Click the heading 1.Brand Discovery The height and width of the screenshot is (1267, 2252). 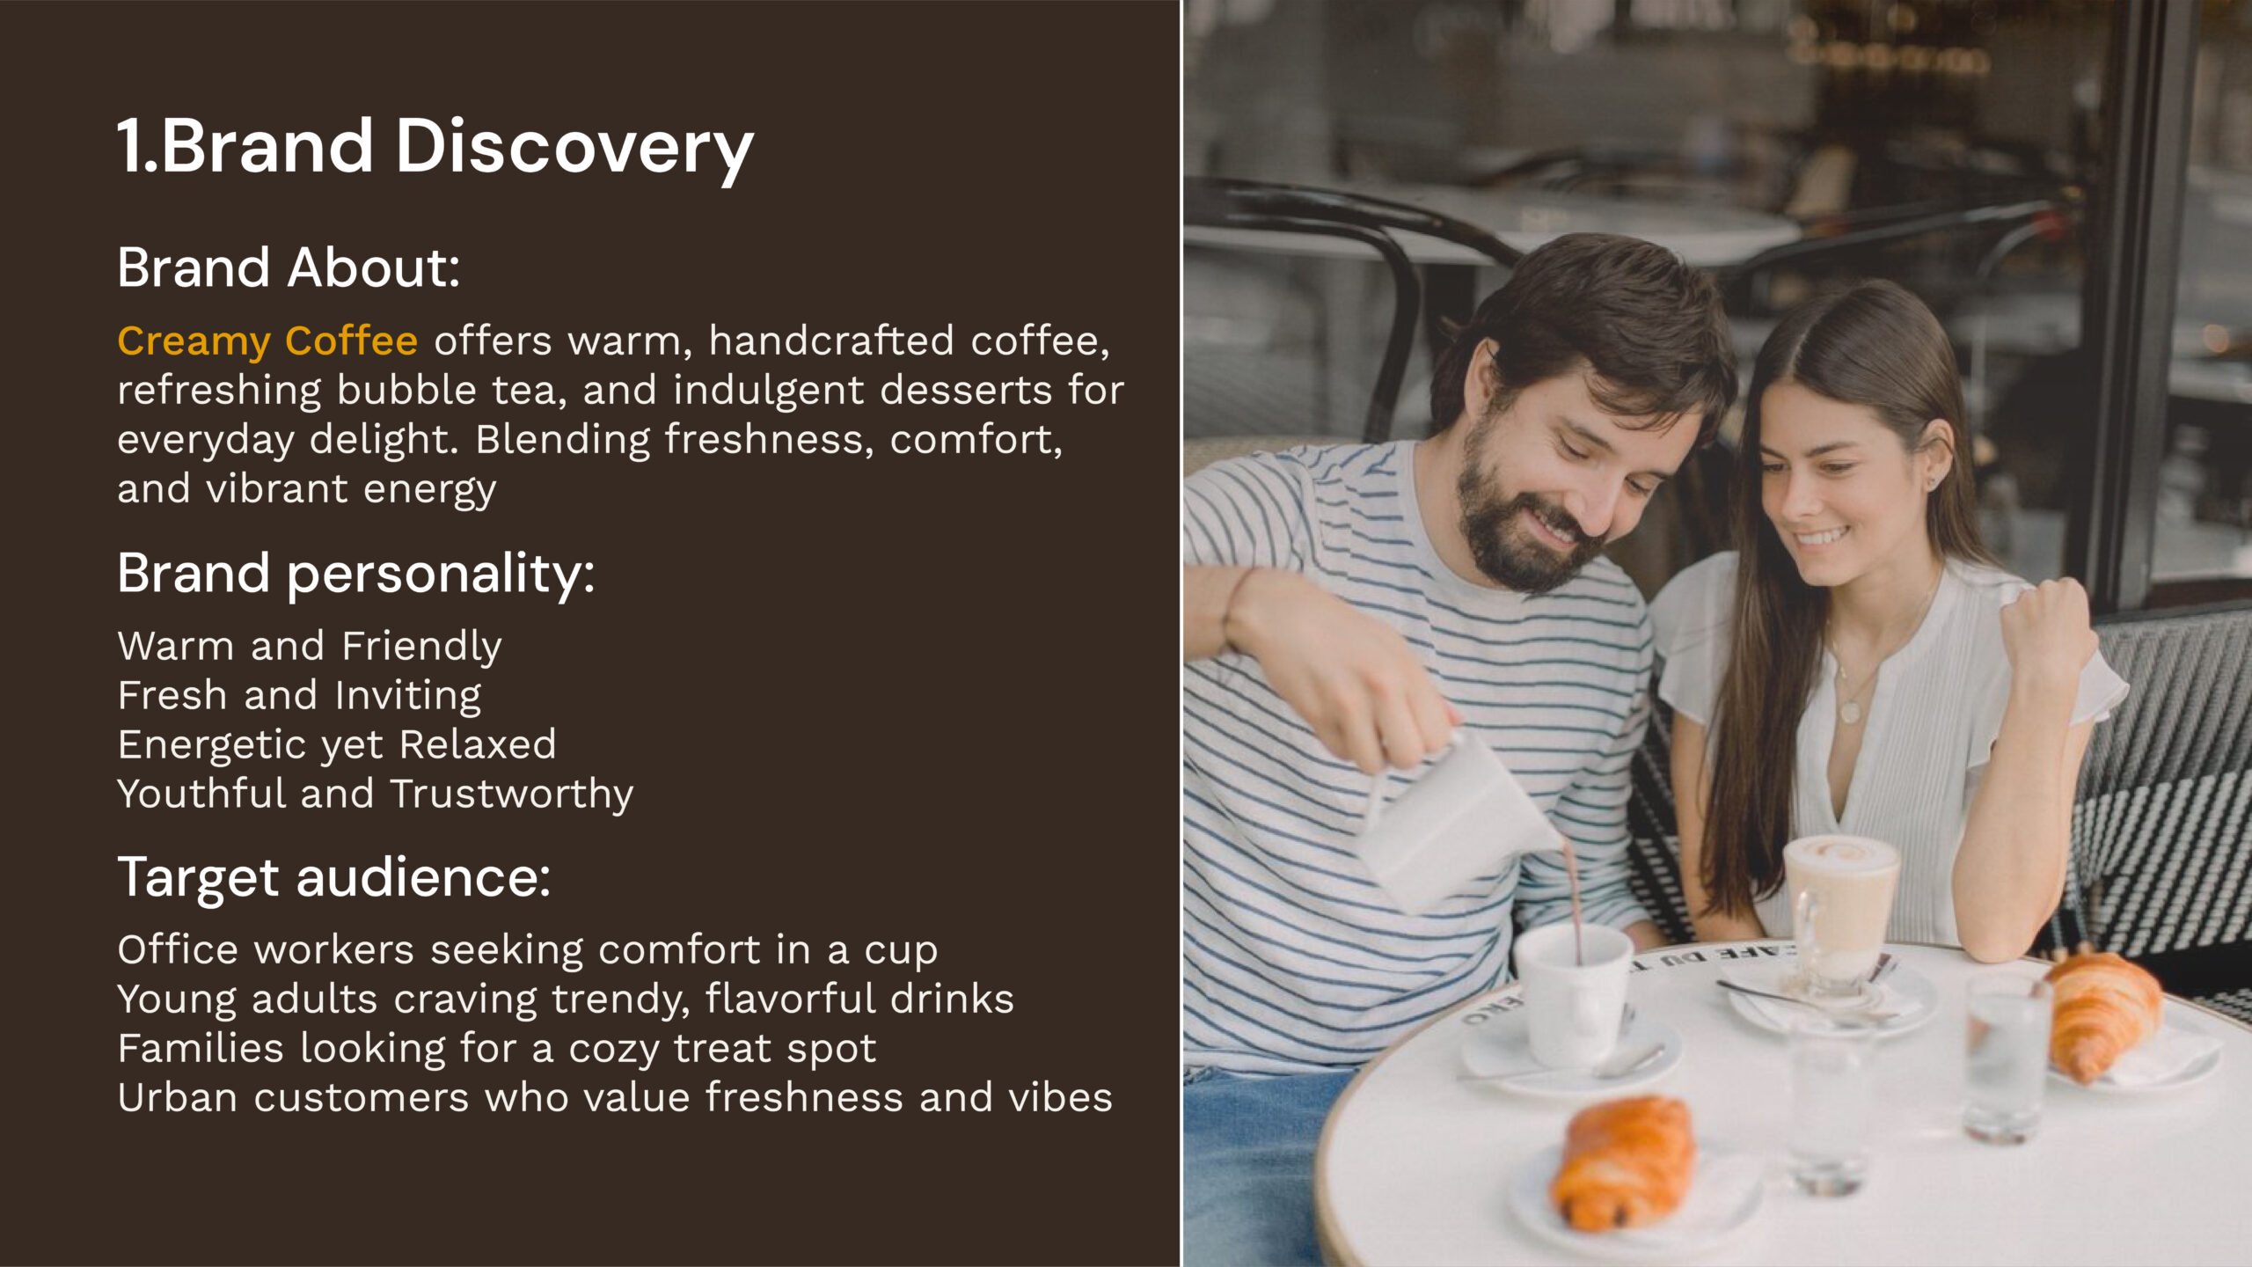435,147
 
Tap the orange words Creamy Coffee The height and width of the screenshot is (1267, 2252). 267,341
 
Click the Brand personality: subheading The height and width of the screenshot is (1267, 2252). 356,575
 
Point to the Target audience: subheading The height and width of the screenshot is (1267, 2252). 334,878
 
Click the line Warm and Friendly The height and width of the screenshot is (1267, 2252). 310,647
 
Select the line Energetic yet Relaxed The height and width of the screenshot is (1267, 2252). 337,745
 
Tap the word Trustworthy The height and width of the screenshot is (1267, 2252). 512,795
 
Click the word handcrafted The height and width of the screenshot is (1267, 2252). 831,341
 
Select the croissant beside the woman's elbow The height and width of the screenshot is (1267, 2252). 2103,1012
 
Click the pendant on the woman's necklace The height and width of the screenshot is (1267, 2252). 1850,709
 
